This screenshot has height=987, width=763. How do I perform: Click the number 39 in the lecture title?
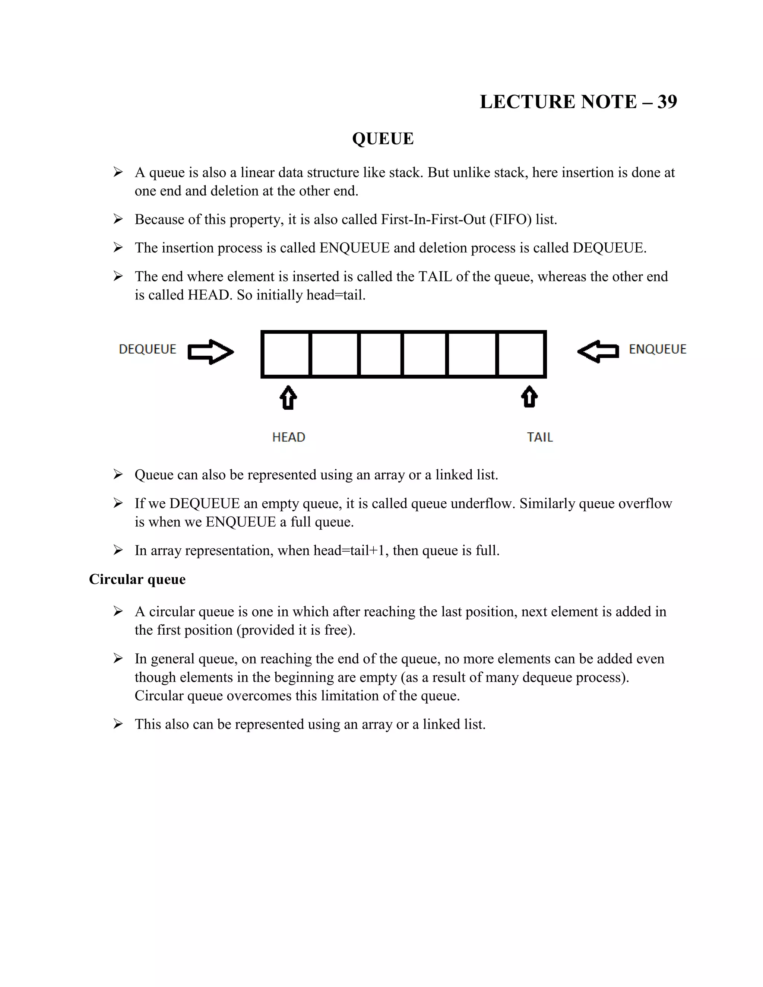[667, 102]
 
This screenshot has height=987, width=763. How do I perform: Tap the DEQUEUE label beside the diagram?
[148, 349]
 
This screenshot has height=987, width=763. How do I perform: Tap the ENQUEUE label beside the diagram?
[658, 349]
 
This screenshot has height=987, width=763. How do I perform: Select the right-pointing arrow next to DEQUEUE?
[210, 352]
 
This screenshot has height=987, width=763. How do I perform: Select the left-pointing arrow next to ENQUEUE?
[598, 352]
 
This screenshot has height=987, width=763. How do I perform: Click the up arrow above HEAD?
[288, 398]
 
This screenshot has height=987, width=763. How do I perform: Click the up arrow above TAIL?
[529, 397]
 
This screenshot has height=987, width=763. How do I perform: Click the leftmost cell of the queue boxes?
[286, 354]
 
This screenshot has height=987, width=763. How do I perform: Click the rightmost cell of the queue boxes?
[521, 354]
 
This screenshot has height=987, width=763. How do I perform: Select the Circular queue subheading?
[137, 580]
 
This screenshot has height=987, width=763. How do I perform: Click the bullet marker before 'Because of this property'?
[118, 220]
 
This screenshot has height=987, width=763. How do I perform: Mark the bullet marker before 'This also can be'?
[118, 724]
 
